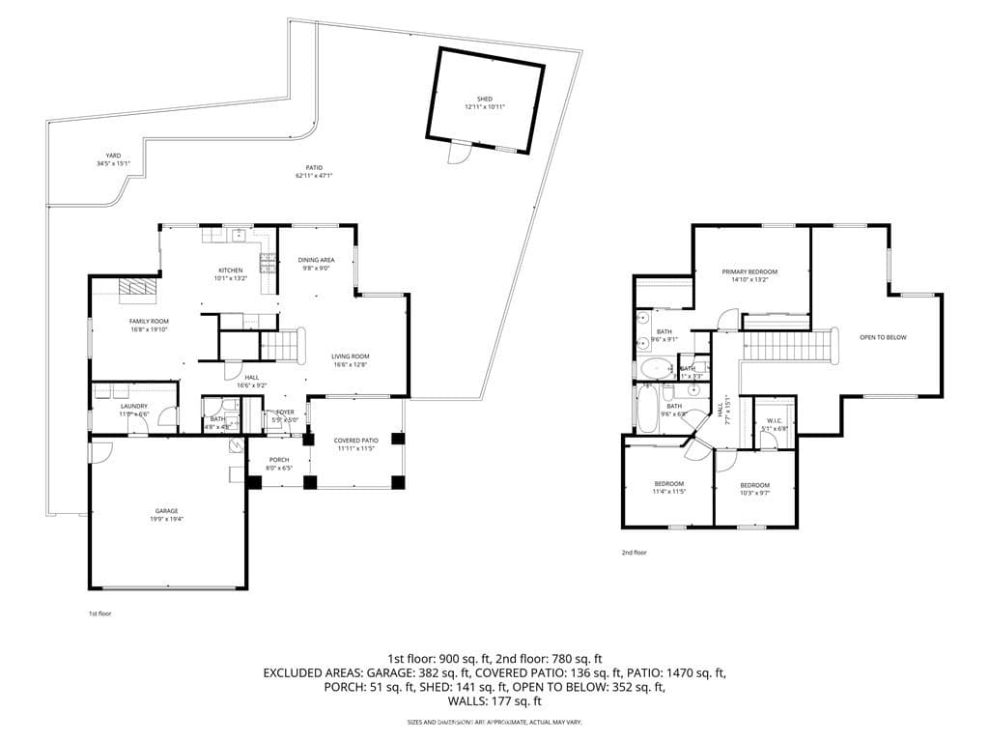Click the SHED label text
[x=484, y=100]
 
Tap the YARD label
[x=114, y=156]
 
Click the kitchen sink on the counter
[x=238, y=235]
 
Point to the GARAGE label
[x=167, y=511]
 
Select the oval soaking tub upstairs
[x=658, y=369]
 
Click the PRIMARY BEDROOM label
[x=749, y=272]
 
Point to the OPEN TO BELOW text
[x=883, y=337]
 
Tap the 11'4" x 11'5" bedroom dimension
[x=669, y=492]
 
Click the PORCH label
[x=278, y=460]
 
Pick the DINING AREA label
[x=316, y=261]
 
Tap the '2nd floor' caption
[x=634, y=553]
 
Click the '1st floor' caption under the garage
[x=100, y=614]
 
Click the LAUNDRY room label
[x=133, y=406]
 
